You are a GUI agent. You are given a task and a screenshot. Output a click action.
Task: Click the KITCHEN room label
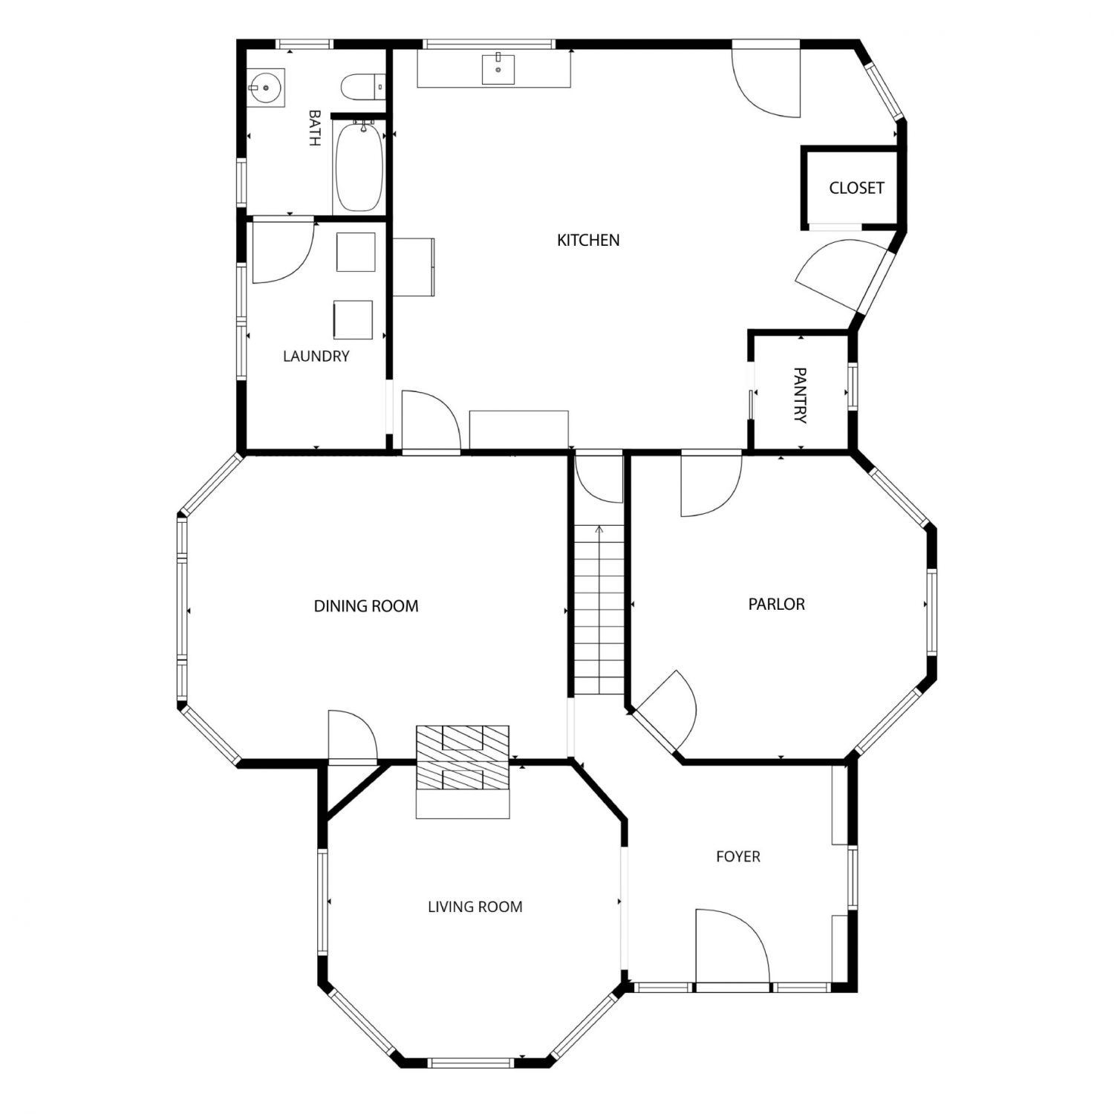click(588, 240)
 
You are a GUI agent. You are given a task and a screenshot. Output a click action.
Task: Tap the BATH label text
click(314, 128)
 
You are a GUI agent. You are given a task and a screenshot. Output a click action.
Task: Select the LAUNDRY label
click(316, 356)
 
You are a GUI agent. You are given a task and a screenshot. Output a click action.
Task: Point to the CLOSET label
click(856, 188)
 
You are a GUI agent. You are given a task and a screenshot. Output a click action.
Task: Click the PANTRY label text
click(800, 394)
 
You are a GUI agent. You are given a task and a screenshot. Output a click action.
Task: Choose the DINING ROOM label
click(366, 606)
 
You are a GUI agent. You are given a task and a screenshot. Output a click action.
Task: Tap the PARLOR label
click(776, 604)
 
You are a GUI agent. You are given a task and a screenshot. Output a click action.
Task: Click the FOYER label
click(737, 856)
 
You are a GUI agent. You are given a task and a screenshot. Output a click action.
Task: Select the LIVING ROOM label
click(475, 906)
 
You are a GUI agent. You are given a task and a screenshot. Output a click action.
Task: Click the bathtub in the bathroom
click(359, 166)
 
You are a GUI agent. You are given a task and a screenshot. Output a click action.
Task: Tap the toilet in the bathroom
click(362, 87)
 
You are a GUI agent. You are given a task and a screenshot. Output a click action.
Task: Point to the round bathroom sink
click(264, 88)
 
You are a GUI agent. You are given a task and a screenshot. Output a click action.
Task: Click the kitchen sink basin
click(498, 69)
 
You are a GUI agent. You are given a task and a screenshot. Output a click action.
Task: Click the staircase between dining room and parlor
click(599, 609)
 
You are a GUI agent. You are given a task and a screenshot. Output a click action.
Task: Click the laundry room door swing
click(283, 252)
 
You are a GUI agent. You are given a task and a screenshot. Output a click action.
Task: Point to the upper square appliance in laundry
click(356, 253)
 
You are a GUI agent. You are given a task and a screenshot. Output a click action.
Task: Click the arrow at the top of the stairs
click(599, 530)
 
